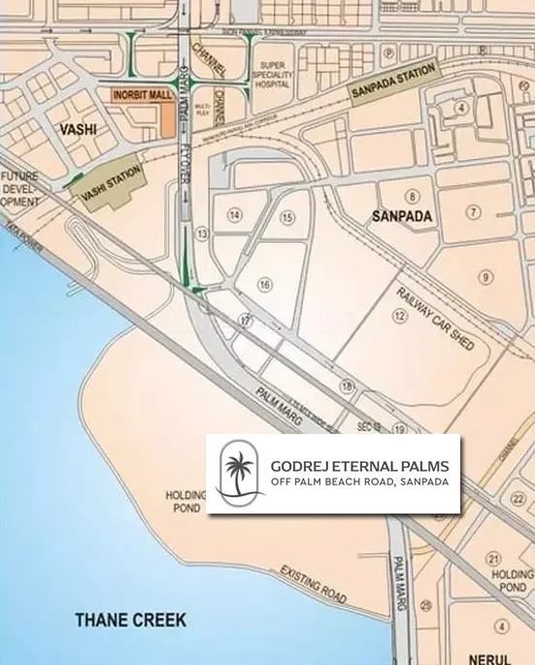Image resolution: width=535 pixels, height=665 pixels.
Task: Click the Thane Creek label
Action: (131, 619)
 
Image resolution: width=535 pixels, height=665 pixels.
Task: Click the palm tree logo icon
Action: (239, 473)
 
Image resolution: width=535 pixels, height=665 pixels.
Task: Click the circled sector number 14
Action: (234, 214)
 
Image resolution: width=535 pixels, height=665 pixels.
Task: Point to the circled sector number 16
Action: (264, 284)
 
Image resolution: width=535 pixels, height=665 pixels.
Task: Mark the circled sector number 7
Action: (474, 212)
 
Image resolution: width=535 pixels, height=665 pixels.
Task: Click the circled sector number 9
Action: (485, 278)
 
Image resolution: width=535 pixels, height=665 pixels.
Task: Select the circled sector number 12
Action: (399, 316)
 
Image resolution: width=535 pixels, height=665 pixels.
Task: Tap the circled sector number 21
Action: (494, 557)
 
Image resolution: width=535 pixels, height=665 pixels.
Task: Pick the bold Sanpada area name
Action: (401, 217)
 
